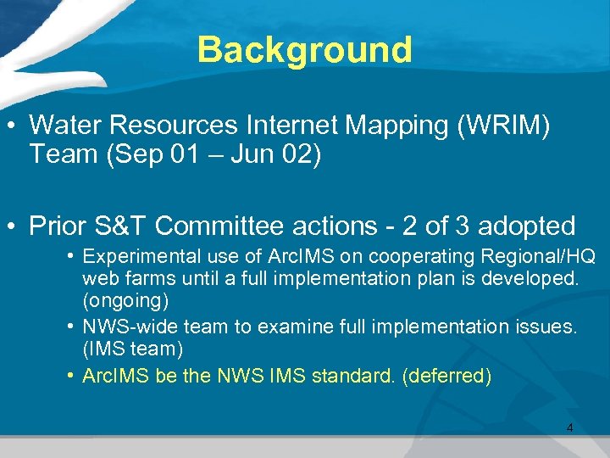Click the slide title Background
point(304,50)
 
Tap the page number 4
point(569,428)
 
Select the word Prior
point(58,226)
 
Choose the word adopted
point(526,226)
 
